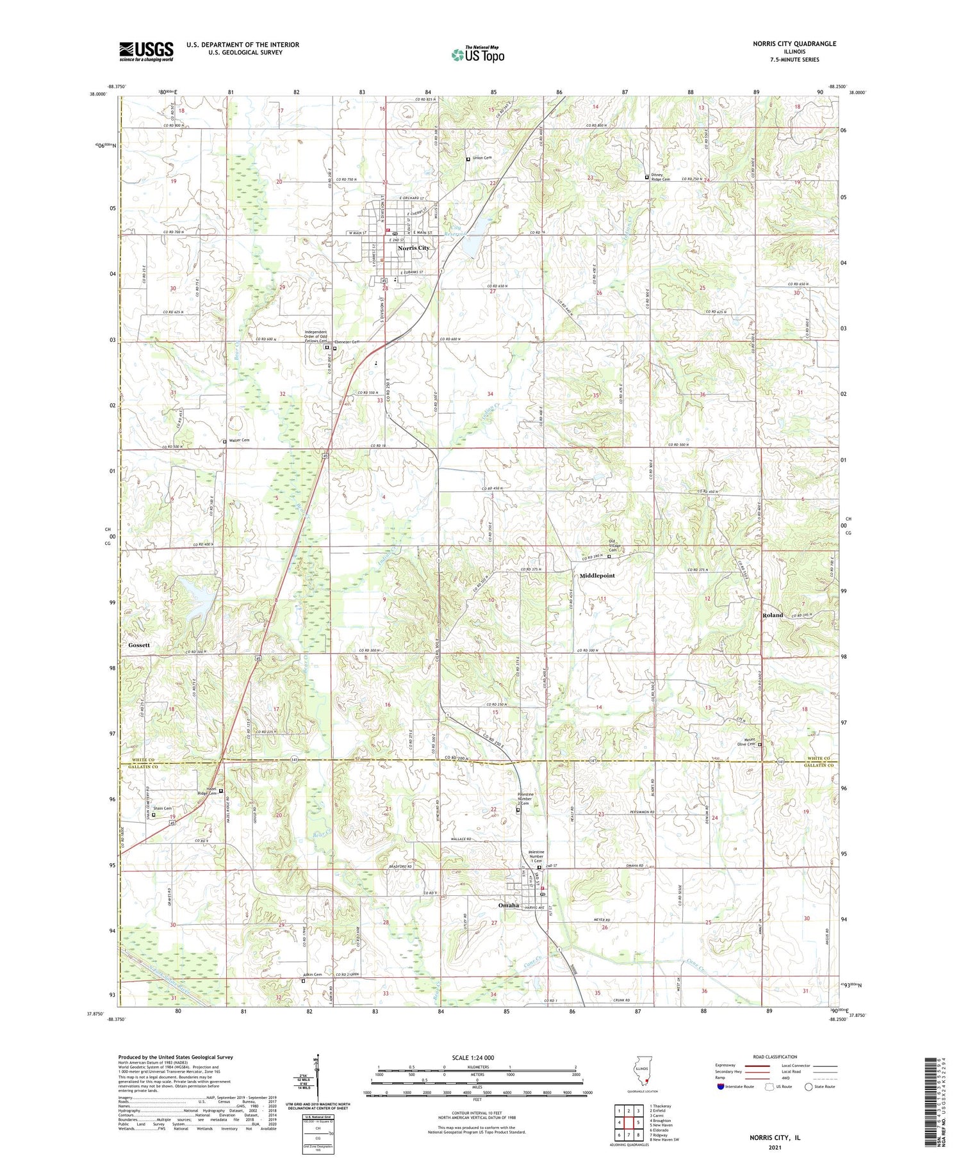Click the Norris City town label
coord(413,248)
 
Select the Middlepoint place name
coord(596,576)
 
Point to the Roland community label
coord(772,615)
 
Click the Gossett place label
coord(138,645)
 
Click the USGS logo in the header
coord(146,51)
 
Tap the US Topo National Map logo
coord(478,54)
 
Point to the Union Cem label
coord(481,158)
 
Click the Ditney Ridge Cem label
coord(660,179)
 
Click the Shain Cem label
coord(164,808)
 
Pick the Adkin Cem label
coord(311,975)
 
